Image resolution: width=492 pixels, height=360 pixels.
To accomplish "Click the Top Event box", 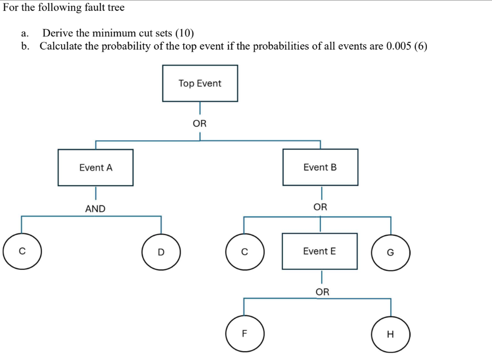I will pos(200,83).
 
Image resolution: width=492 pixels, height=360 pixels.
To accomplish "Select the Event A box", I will pos(95,167).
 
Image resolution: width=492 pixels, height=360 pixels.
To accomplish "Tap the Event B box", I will pos(320,167).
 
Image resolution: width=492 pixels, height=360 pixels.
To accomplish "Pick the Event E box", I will pos(320,251).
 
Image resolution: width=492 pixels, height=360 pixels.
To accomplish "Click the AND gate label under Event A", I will pos(95,209).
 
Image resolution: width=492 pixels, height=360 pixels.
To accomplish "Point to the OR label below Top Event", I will pos(200,124).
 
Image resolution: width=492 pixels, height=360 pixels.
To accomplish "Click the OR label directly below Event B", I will pos(320,207).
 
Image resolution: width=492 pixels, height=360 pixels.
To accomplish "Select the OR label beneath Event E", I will pos(322,292).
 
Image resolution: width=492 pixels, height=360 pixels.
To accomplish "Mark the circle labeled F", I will pos(245,334).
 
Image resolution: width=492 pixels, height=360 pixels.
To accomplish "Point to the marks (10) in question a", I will pos(184,33).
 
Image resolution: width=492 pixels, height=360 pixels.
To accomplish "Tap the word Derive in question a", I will pos(55,33).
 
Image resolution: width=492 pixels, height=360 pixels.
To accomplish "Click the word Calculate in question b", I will pos(61,46).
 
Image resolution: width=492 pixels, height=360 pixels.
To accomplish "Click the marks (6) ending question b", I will pos(419,46).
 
